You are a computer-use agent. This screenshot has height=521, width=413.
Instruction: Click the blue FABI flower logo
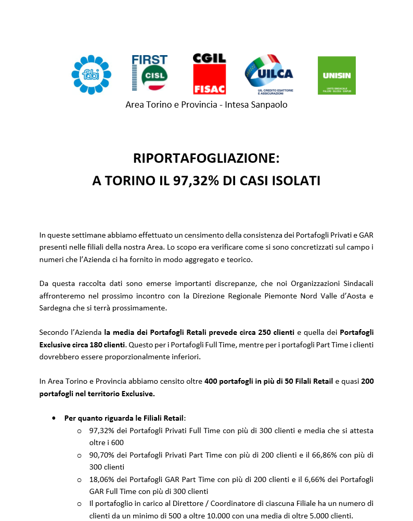91,75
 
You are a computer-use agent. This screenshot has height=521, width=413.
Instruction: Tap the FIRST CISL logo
149,74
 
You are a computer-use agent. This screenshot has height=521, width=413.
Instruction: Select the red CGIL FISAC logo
209,74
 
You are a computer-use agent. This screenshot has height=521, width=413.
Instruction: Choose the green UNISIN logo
337,75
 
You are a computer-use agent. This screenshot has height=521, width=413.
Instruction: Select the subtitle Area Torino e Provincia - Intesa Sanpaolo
206,105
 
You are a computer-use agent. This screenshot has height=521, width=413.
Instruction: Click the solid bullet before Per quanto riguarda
54,418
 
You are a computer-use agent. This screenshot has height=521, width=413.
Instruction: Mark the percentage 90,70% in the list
102,454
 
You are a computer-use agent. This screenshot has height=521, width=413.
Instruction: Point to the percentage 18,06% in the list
102,479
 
